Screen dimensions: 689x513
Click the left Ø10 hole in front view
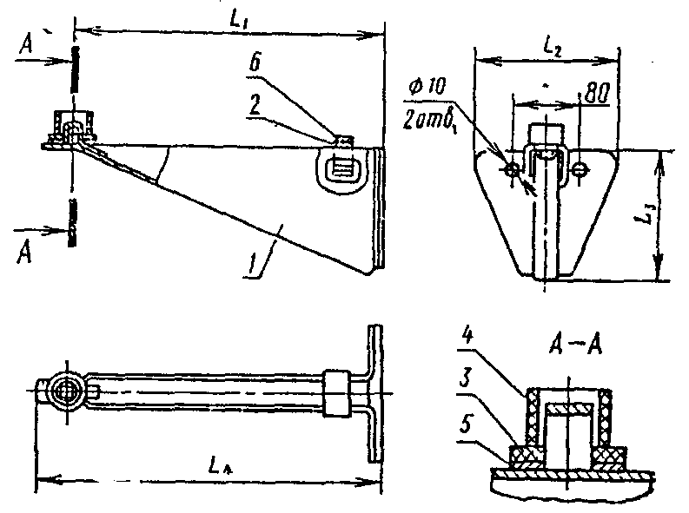513,169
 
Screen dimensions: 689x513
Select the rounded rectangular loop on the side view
338,168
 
